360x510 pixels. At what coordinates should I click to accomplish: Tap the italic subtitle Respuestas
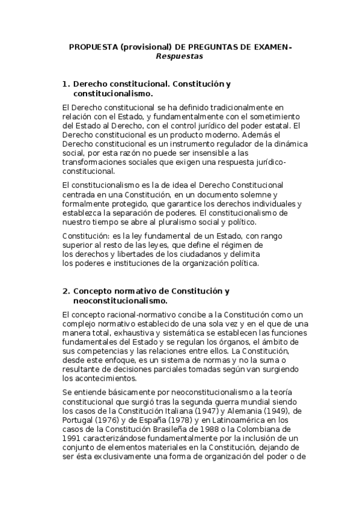click(x=180, y=57)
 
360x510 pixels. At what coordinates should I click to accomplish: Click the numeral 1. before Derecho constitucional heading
click(x=67, y=85)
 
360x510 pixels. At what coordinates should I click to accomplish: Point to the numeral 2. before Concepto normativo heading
click(x=67, y=291)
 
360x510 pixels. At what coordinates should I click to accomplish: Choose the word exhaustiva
click(x=121, y=333)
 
